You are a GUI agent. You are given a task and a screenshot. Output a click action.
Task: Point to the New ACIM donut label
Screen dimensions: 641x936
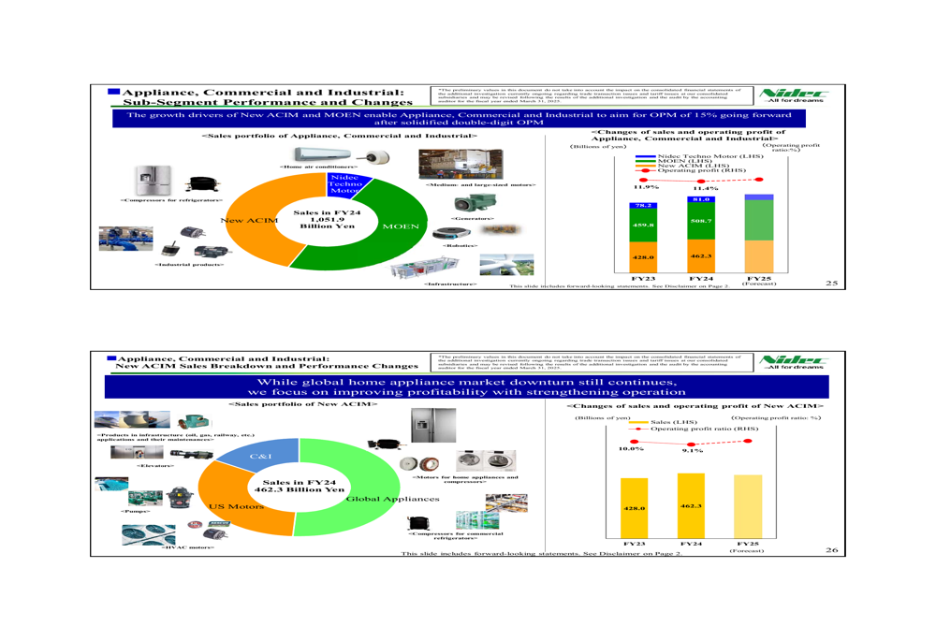point(242,221)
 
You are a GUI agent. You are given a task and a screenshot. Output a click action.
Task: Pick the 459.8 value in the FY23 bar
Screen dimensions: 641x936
point(643,226)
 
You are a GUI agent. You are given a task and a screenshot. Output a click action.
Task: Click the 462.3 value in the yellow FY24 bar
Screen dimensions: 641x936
point(691,505)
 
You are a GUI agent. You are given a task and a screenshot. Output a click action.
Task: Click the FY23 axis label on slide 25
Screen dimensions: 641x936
point(643,278)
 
